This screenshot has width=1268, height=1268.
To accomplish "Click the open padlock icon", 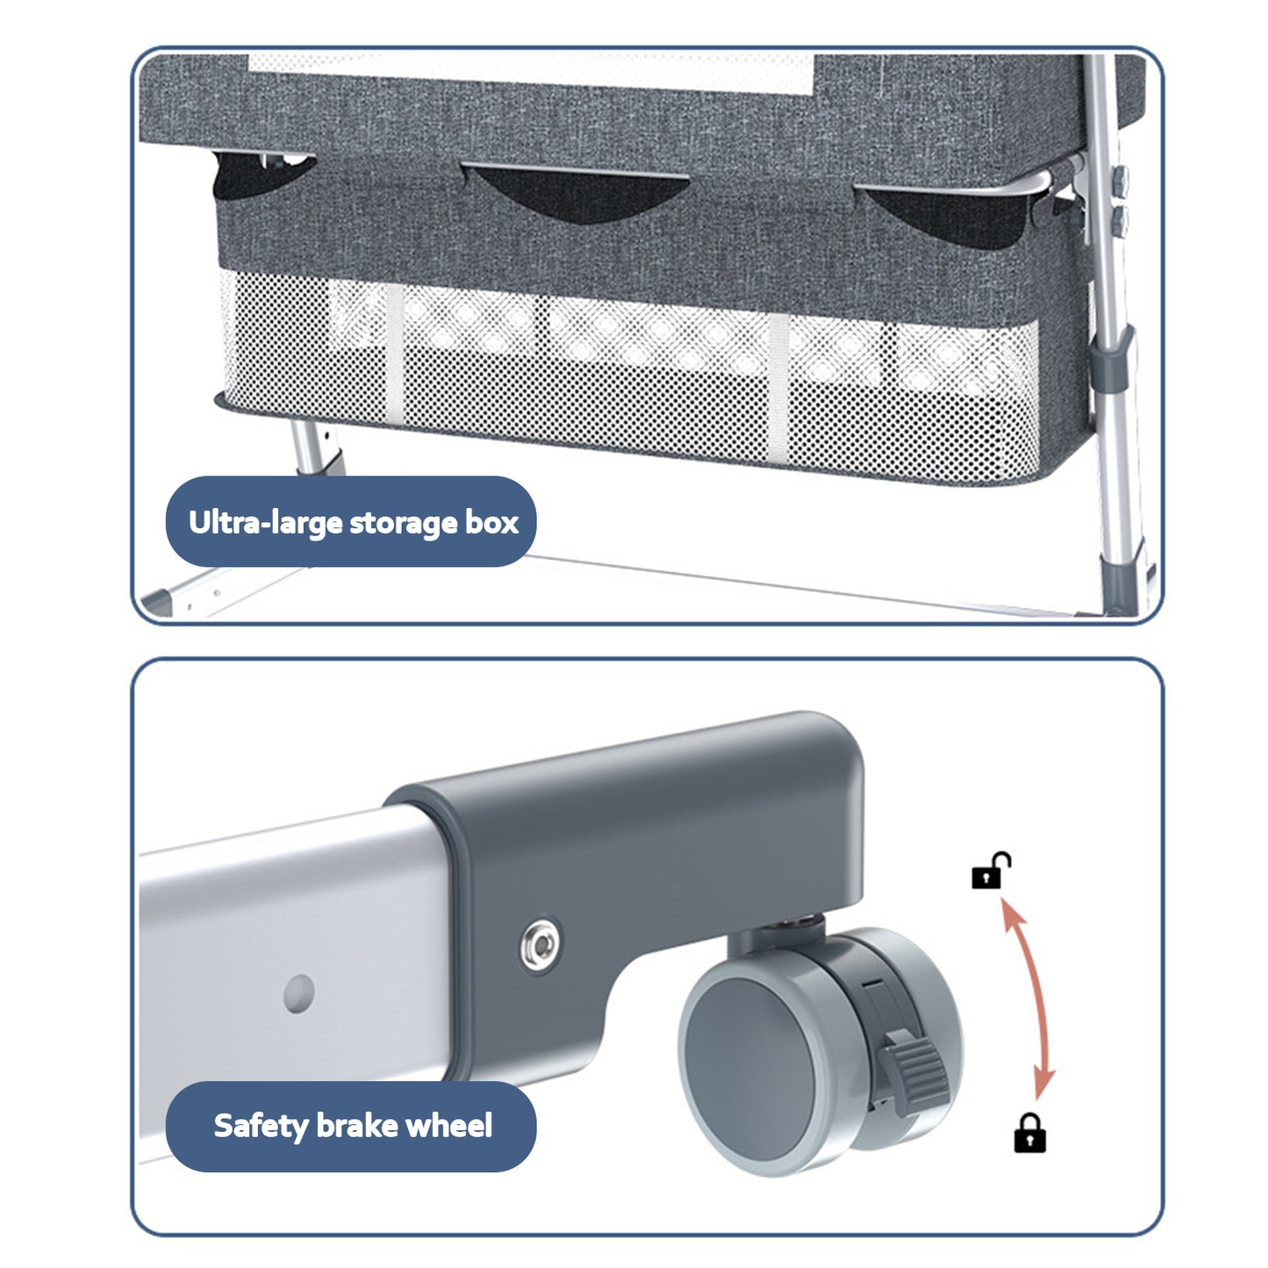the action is (x=991, y=870).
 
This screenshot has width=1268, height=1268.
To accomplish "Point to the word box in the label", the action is (x=491, y=523).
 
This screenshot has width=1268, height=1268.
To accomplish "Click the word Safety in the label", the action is (x=261, y=1127).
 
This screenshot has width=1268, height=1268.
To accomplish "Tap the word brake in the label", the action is (x=356, y=1125).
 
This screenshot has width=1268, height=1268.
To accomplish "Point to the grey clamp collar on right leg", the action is (x=1110, y=359).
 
